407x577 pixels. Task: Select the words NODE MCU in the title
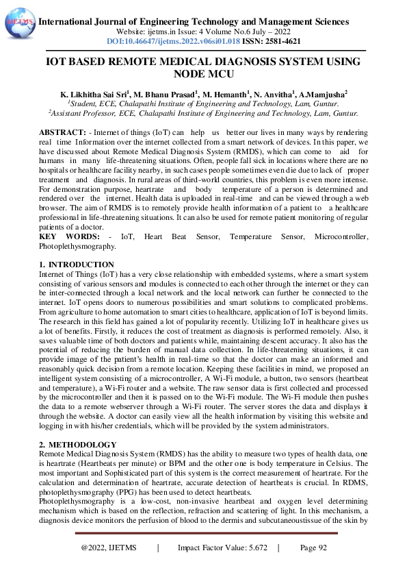[x=202, y=73]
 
